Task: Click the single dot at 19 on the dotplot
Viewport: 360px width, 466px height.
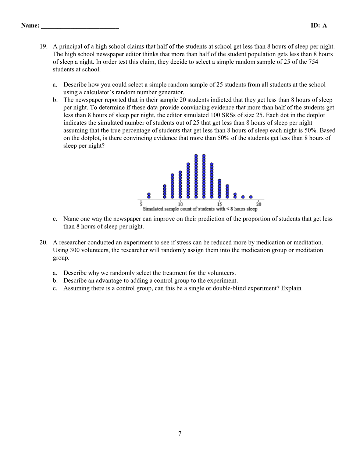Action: (x=251, y=197)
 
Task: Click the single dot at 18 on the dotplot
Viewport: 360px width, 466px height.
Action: (x=243, y=197)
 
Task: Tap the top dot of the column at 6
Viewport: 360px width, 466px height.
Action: (x=149, y=194)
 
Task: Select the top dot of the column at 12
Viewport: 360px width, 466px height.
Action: (x=196, y=156)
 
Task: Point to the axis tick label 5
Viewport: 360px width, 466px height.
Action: (x=141, y=204)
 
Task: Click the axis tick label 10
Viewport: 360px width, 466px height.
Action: (x=180, y=204)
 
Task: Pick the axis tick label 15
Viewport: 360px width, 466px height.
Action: (x=220, y=204)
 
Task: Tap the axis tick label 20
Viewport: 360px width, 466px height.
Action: (x=259, y=204)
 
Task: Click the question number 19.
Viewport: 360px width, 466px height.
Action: (x=43, y=46)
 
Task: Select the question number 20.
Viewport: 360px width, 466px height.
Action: (x=43, y=242)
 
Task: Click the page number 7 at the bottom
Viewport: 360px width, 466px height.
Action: (x=180, y=433)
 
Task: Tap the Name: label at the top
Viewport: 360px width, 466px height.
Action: (x=30, y=25)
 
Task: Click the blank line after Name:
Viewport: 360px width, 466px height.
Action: (x=80, y=27)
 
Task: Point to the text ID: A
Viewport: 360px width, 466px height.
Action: (x=318, y=25)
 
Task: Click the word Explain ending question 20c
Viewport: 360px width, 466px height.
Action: (x=291, y=288)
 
